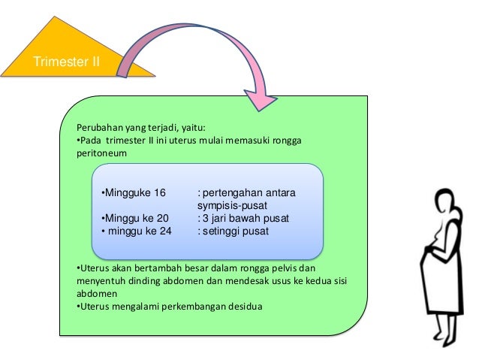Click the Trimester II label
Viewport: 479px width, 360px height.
65,61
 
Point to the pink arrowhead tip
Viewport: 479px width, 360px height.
259,107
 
